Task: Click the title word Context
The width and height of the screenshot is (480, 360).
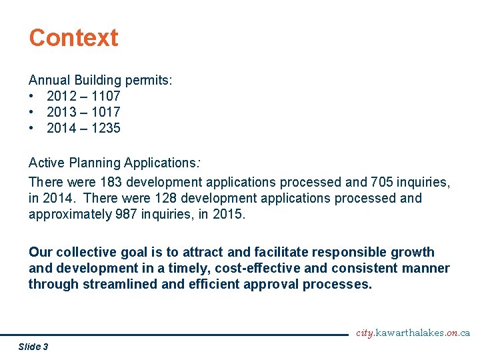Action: point(73,37)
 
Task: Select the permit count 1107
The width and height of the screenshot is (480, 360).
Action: point(104,96)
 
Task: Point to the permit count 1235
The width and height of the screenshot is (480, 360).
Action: point(104,128)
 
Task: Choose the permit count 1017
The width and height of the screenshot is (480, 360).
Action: point(104,112)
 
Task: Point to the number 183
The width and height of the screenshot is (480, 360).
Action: point(111,181)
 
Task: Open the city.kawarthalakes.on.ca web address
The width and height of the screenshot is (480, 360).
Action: point(413,333)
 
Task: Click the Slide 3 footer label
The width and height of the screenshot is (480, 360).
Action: point(33,346)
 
